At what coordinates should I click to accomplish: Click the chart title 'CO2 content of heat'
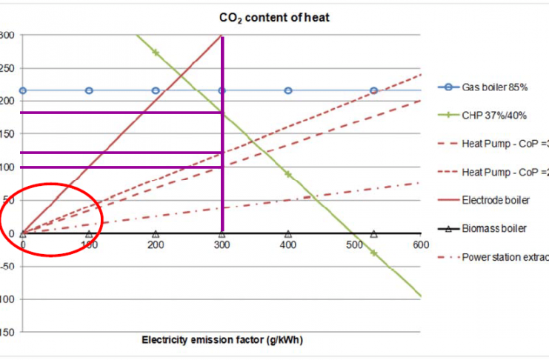(274, 17)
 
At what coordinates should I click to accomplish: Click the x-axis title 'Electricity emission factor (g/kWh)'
(222, 340)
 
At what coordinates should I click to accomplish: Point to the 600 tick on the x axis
(419, 245)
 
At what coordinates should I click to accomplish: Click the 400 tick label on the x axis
(288, 245)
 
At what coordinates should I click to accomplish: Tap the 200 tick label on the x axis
(156, 245)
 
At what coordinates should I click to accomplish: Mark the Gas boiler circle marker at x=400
(288, 90)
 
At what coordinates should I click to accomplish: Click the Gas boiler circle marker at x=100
(89, 90)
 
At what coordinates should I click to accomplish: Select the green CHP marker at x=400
(288, 175)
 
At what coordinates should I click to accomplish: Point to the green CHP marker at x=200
(156, 52)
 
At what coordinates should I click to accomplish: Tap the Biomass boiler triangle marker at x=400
(288, 233)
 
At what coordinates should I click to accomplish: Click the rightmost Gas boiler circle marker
(374, 90)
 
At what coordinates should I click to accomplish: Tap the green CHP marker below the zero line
(374, 253)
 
